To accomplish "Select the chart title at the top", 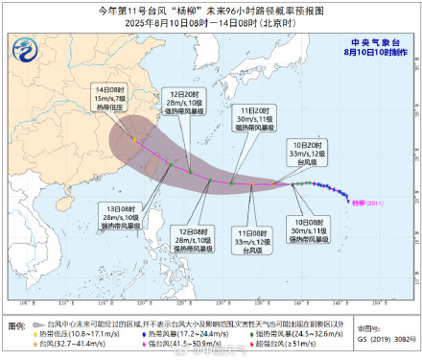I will [x=211, y=9].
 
